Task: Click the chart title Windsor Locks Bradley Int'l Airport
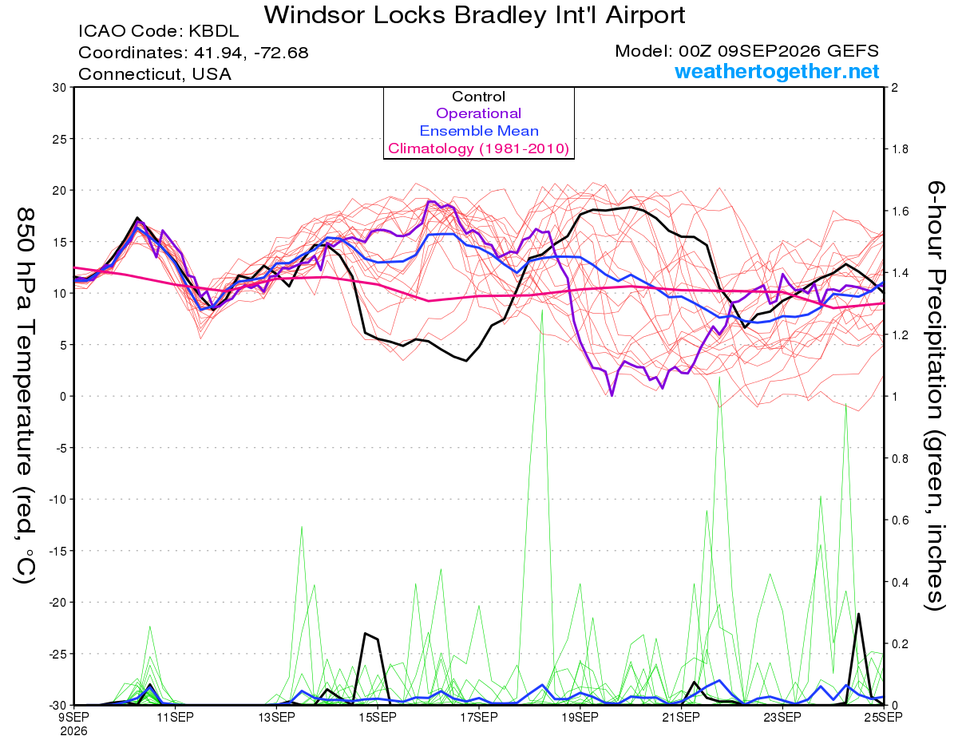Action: coord(474,15)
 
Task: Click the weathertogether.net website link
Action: coord(777,71)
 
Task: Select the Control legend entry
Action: coord(478,96)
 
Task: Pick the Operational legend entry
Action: coord(478,113)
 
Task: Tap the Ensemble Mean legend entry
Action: coord(479,130)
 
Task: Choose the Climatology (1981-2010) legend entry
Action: coord(478,148)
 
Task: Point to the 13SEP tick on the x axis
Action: coord(276,717)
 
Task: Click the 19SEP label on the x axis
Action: coord(580,717)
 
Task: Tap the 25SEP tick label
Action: coord(884,717)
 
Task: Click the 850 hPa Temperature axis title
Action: coord(25,396)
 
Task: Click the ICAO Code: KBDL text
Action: coord(158,31)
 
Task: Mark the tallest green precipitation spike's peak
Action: coord(542,311)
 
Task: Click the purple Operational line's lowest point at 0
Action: coord(612,396)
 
